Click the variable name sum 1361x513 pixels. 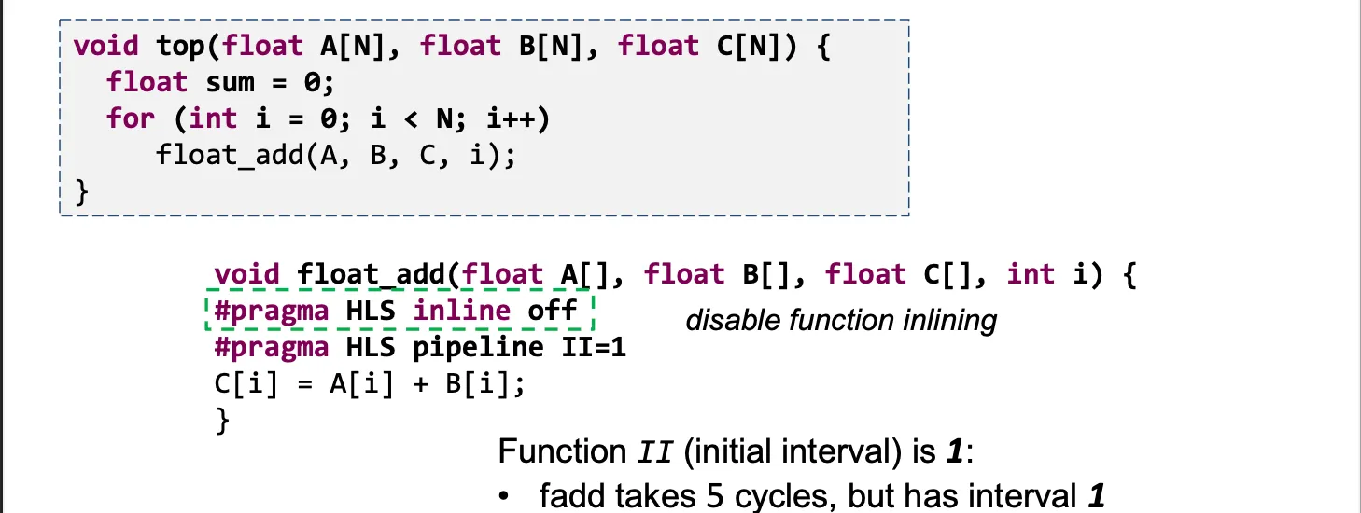pos(231,82)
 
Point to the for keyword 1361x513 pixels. pos(131,118)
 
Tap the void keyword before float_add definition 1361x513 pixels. pos(246,274)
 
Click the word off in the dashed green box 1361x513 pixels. pos(553,311)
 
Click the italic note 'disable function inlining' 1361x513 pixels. pos(841,321)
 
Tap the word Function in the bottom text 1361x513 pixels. pos(556,452)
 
